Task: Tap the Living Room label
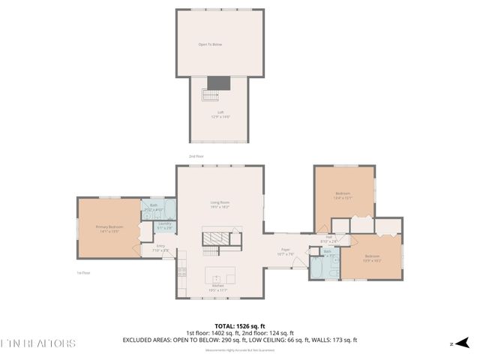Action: point(219,204)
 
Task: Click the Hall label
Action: point(330,239)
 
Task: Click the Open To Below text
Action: point(210,44)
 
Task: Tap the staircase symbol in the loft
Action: point(209,96)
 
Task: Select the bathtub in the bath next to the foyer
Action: point(317,268)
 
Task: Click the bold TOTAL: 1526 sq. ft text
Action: point(239,326)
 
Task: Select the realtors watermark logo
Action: point(37,343)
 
